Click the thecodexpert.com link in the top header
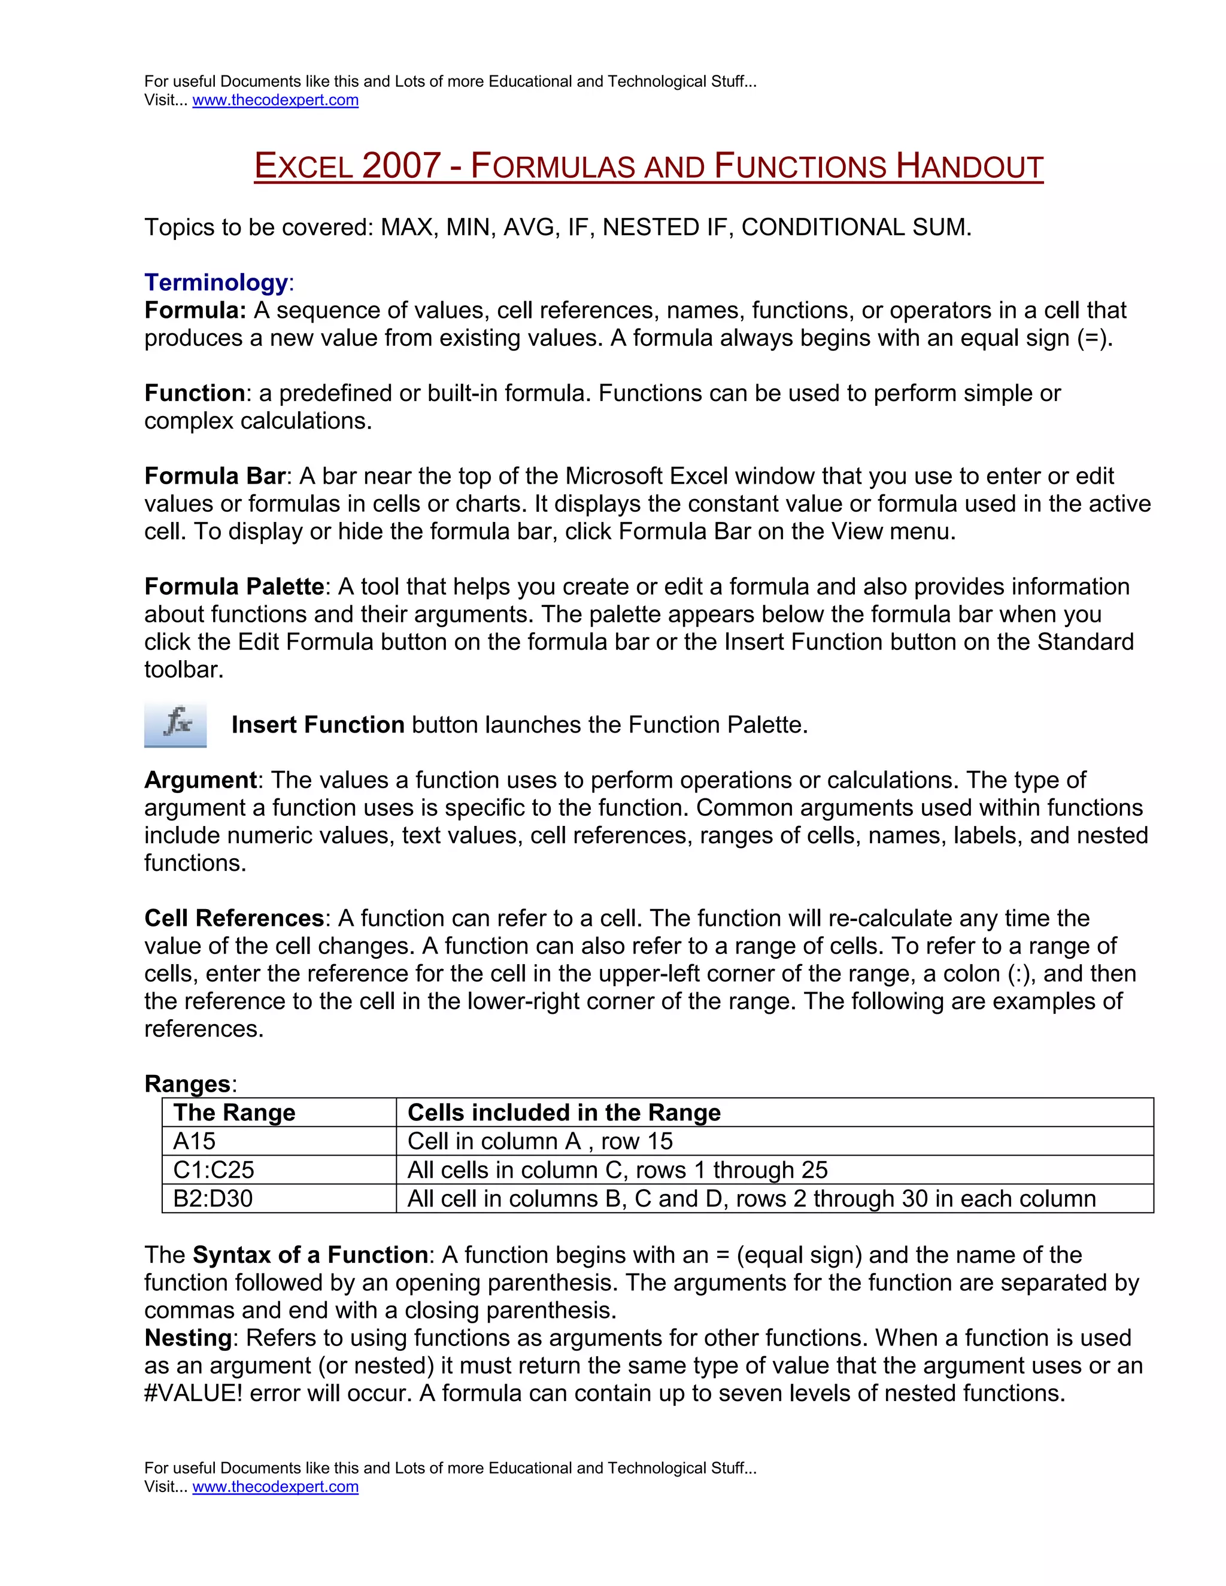pyautogui.click(x=275, y=100)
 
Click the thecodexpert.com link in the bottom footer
pyautogui.click(x=275, y=1487)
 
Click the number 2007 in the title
pyautogui.click(x=401, y=166)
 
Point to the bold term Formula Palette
pyautogui.click(x=234, y=587)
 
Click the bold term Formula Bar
pyautogui.click(x=214, y=476)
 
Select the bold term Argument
pyautogui.click(x=201, y=780)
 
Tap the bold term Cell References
pyautogui.click(x=234, y=918)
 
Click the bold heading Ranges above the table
pyautogui.click(x=187, y=1084)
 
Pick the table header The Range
pyautogui.click(x=234, y=1113)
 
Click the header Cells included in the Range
pyautogui.click(x=563, y=1113)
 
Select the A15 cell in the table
pyautogui.click(x=194, y=1141)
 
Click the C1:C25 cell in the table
pyautogui.click(x=214, y=1170)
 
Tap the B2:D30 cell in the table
pyautogui.click(x=213, y=1198)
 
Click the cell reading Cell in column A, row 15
pyautogui.click(x=539, y=1141)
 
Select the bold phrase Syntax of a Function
pyautogui.click(x=310, y=1255)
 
